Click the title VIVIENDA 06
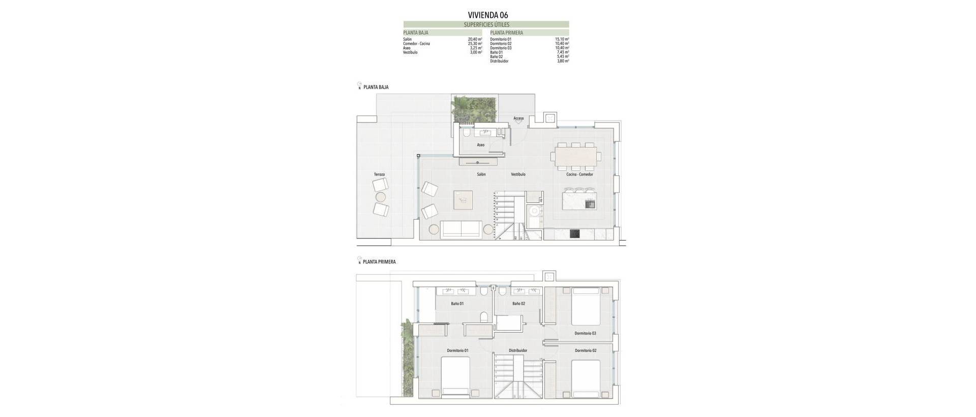487,15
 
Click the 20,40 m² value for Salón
475,39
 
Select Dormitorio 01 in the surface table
501,39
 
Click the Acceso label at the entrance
518,118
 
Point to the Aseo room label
480,145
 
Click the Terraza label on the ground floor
379,174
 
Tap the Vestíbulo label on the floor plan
518,174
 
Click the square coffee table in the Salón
463,200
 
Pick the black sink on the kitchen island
590,204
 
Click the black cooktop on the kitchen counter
574,234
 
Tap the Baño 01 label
457,304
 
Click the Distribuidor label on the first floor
518,350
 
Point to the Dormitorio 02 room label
586,350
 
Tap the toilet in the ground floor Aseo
466,134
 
